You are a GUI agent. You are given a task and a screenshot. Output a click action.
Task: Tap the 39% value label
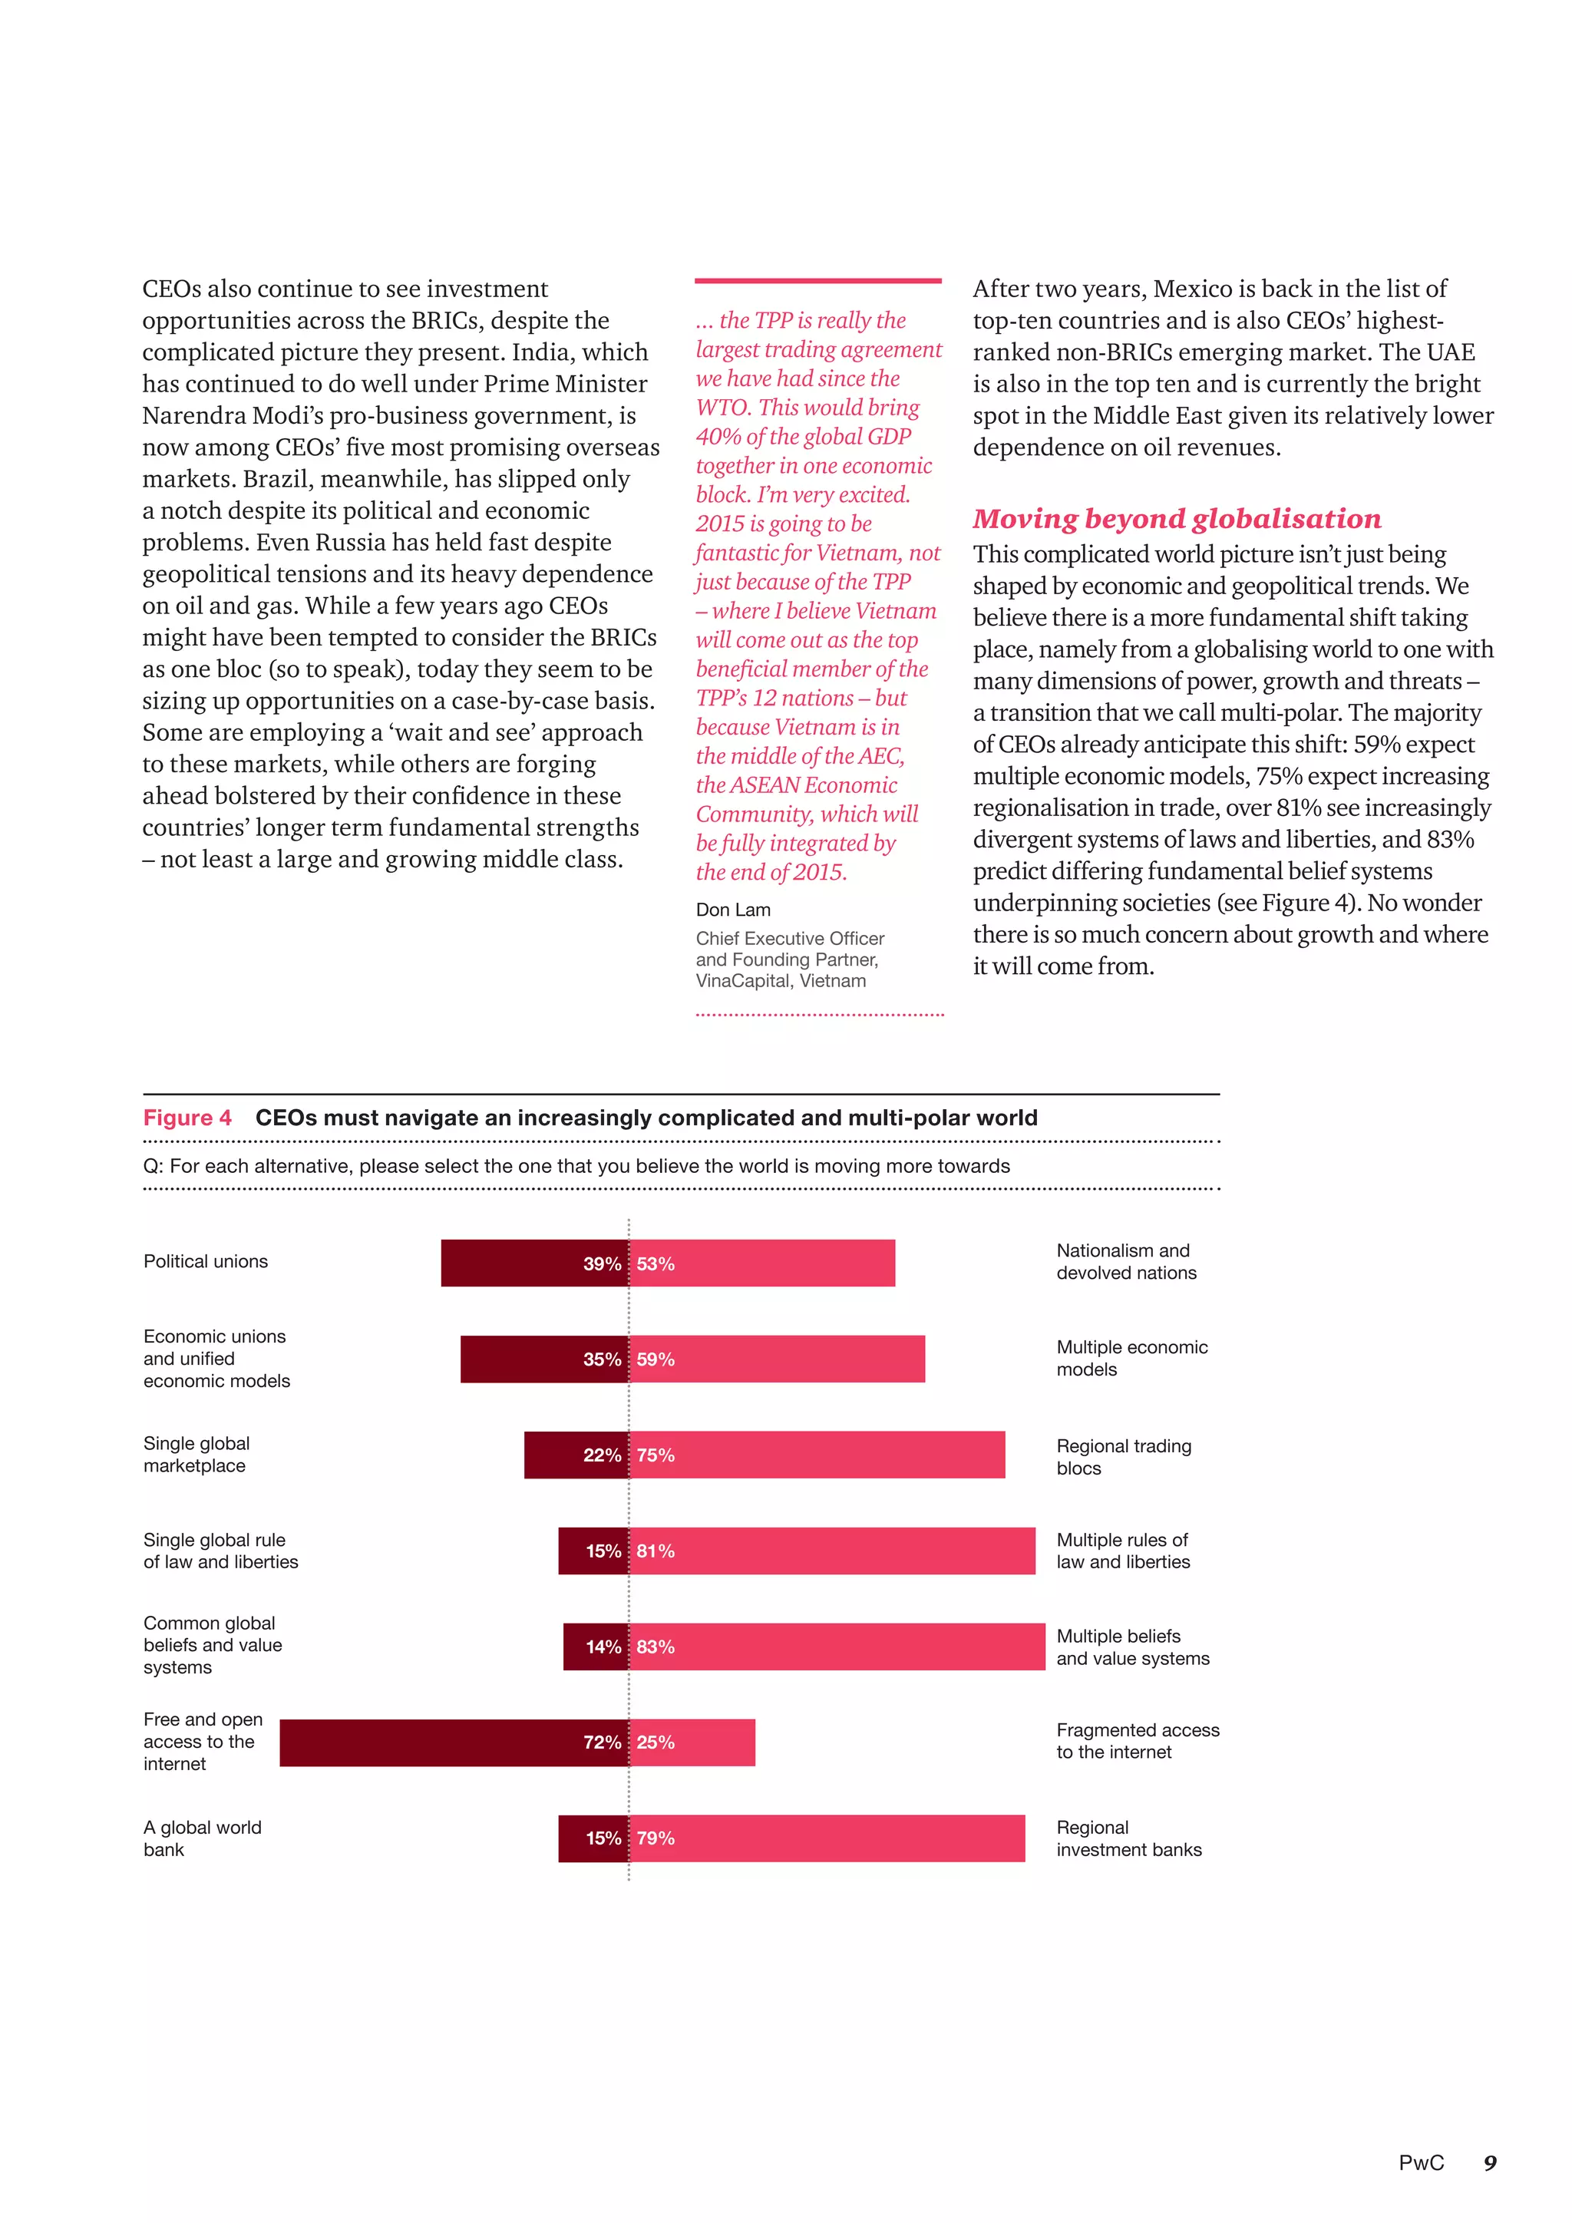pyautogui.click(x=601, y=1263)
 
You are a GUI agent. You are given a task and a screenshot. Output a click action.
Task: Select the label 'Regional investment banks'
pyautogui.click(x=1128, y=1838)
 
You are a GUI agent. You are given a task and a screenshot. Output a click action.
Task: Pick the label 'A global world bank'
pyautogui.click(x=203, y=1838)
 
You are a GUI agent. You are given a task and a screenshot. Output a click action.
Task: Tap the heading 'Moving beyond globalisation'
pyautogui.click(x=1176, y=519)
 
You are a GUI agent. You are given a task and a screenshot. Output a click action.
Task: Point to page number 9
pyautogui.click(x=1490, y=2162)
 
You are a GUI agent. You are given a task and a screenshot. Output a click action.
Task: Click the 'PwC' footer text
pyautogui.click(x=1420, y=2162)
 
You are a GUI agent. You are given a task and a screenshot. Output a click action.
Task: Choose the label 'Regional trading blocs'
pyautogui.click(x=1123, y=1456)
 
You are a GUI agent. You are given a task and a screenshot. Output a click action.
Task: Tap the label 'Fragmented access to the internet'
pyautogui.click(x=1138, y=1741)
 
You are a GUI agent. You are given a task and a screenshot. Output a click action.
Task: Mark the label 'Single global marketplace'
pyautogui.click(x=196, y=1455)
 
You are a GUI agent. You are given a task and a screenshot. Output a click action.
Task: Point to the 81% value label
pyautogui.click(x=656, y=1551)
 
